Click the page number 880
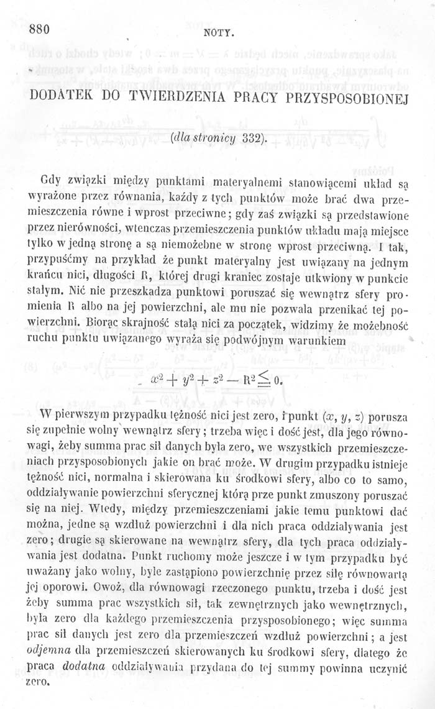pyautogui.click(x=39, y=29)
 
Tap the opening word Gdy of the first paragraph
pyautogui.click(x=50, y=181)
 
